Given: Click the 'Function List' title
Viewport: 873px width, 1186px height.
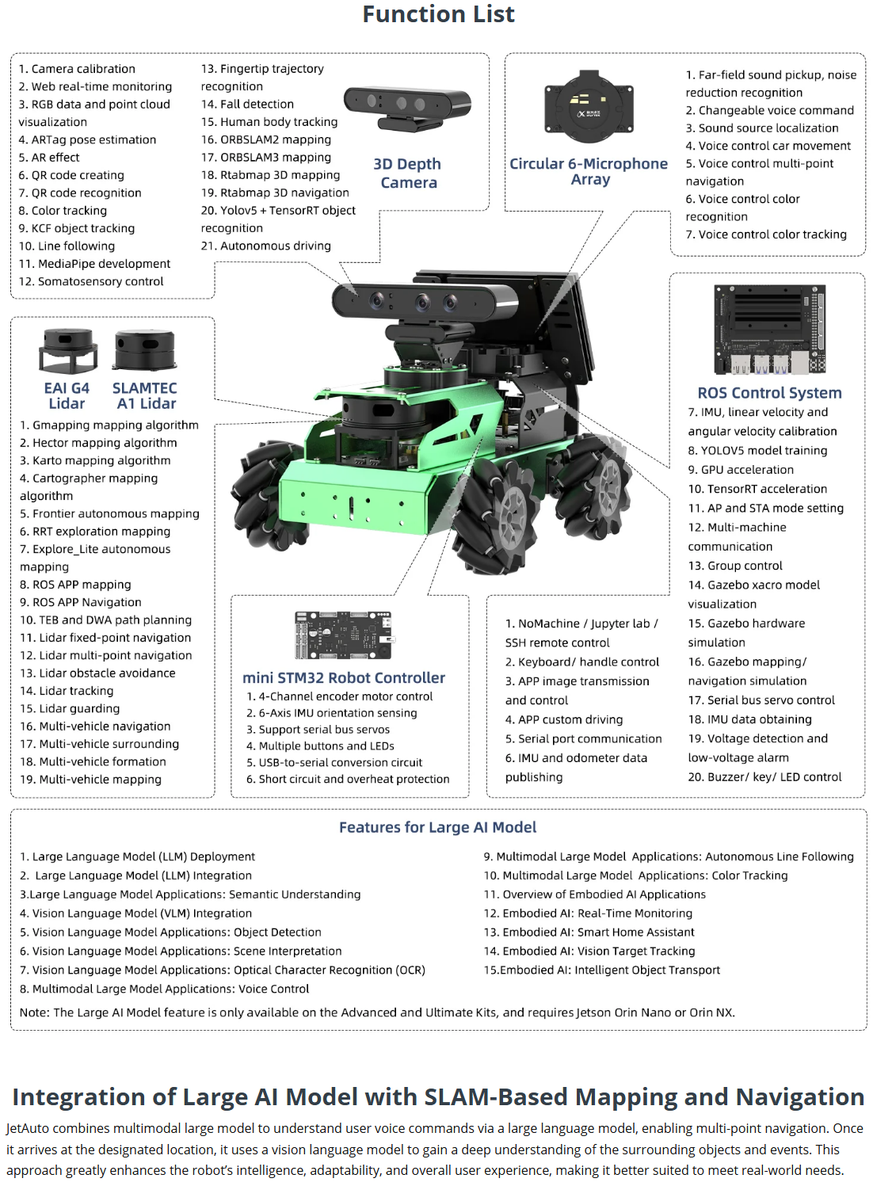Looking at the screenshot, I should [438, 14].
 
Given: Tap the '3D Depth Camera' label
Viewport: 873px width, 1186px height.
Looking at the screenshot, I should [407, 173].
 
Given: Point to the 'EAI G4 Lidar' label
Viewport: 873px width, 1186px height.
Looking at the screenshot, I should [67, 395].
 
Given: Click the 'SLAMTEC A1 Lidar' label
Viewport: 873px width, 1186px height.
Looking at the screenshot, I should [145, 395].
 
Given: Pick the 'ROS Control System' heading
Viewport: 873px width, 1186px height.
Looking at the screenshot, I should [769, 393].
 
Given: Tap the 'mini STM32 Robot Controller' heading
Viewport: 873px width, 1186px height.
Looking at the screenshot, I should [344, 677].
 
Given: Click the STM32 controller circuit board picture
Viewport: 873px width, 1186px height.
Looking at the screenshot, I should [344, 635].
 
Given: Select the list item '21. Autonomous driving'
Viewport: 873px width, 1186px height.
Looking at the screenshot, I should [266, 246].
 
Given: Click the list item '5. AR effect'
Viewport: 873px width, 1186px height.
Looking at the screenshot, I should [49, 157].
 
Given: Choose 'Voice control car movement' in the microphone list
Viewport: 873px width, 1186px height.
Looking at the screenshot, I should [768, 146].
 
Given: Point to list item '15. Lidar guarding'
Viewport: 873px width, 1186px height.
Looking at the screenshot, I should [70, 708].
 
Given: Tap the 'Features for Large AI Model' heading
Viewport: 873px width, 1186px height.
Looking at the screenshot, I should [437, 827].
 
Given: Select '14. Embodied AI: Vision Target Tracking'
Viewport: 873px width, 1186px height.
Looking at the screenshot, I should [589, 951].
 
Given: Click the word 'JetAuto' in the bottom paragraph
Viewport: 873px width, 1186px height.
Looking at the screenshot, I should [29, 1128].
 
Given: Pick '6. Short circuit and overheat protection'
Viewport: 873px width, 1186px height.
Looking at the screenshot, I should [348, 779].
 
